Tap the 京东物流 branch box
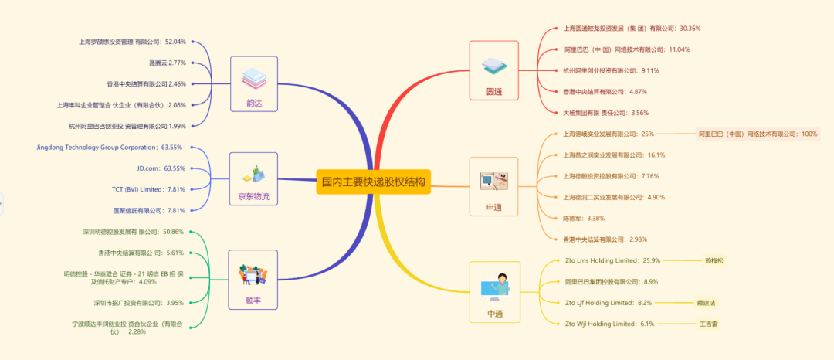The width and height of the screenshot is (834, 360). (x=253, y=179)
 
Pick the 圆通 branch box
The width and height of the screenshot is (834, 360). (x=493, y=70)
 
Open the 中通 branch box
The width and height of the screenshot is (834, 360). (x=494, y=292)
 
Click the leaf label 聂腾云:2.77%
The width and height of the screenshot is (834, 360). (x=167, y=63)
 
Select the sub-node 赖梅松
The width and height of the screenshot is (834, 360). (x=714, y=260)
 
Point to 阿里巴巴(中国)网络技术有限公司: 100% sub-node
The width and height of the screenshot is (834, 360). (x=758, y=134)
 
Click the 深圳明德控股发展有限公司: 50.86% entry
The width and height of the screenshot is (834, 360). (x=133, y=232)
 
